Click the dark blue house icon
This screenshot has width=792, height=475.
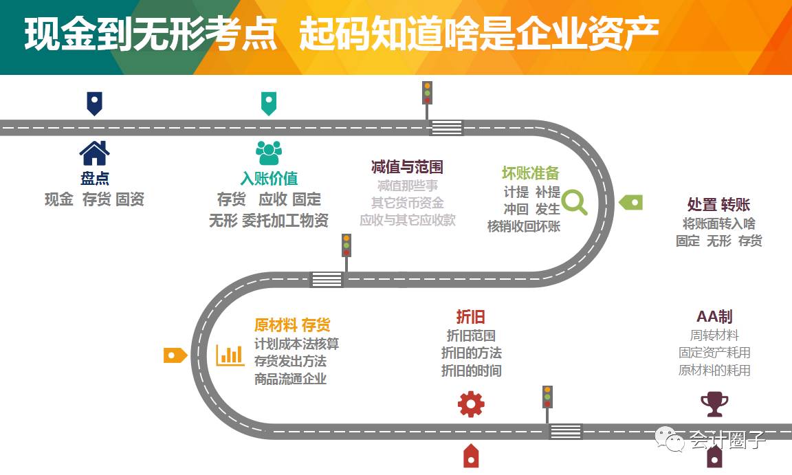pyautogui.click(x=94, y=153)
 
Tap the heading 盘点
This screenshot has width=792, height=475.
pyautogui.click(x=95, y=179)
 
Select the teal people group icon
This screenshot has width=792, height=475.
pyautogui.click(x=269, y=153)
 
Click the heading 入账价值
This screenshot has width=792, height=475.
pyautogui.click(x=269, y=179)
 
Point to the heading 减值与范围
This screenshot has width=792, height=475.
pyautogui.click(x=407, y=167)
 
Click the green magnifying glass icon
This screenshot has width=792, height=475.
pyautogui.click(x=575, y=202)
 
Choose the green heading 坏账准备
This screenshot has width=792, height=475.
pyautogui.click(x=531, y=173)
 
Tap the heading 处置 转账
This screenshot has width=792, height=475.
pyautogui.click(x=718, y=205)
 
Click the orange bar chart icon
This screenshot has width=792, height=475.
pyautogui.click(x=230, y=355)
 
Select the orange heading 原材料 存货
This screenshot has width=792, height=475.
pyautogui.click(x=292, y=324)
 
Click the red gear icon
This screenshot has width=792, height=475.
pyautogui.click(x=471, y=404)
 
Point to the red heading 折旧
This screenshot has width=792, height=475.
pyautogui.click(x=471, y=317)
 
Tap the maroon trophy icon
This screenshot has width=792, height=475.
pyautogui.click(x=714, y=404)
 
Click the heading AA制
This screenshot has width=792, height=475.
pyautogui.click(x=714, y=317)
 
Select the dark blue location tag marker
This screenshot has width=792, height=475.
pyautogui.click(x=94, y=103)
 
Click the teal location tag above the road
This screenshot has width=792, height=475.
pyautogui.click(x=268, y=103)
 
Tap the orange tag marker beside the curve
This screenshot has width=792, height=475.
pyautogui.click(x=175, y=355)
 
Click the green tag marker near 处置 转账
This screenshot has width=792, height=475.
pyautogui.click(x=630, y=202)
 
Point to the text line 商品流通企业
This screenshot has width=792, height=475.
pyautogui.click(x=290, y=379)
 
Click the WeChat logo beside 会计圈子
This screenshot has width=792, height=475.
pyautogui.click(x=669, y=438)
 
